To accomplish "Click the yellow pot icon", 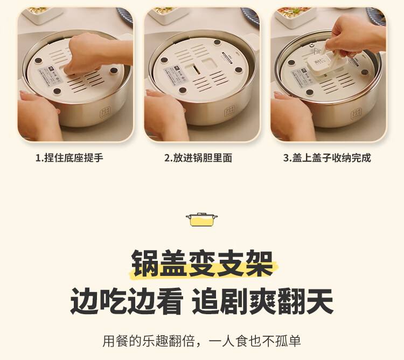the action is (201, 220).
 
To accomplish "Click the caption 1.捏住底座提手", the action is (69, 158).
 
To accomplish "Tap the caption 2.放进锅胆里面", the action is (198, 158).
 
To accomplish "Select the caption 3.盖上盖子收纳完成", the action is (327, 158).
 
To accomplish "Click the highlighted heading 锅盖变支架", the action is (202, 263).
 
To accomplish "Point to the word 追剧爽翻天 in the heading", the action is (262, 301).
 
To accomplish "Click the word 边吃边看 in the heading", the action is (127, 301).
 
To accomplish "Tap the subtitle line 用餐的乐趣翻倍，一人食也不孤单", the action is (202, 341).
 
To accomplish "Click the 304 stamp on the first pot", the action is (105, 112).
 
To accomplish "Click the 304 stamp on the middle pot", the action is (229, 112).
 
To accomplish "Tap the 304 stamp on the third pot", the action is (357, 114).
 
